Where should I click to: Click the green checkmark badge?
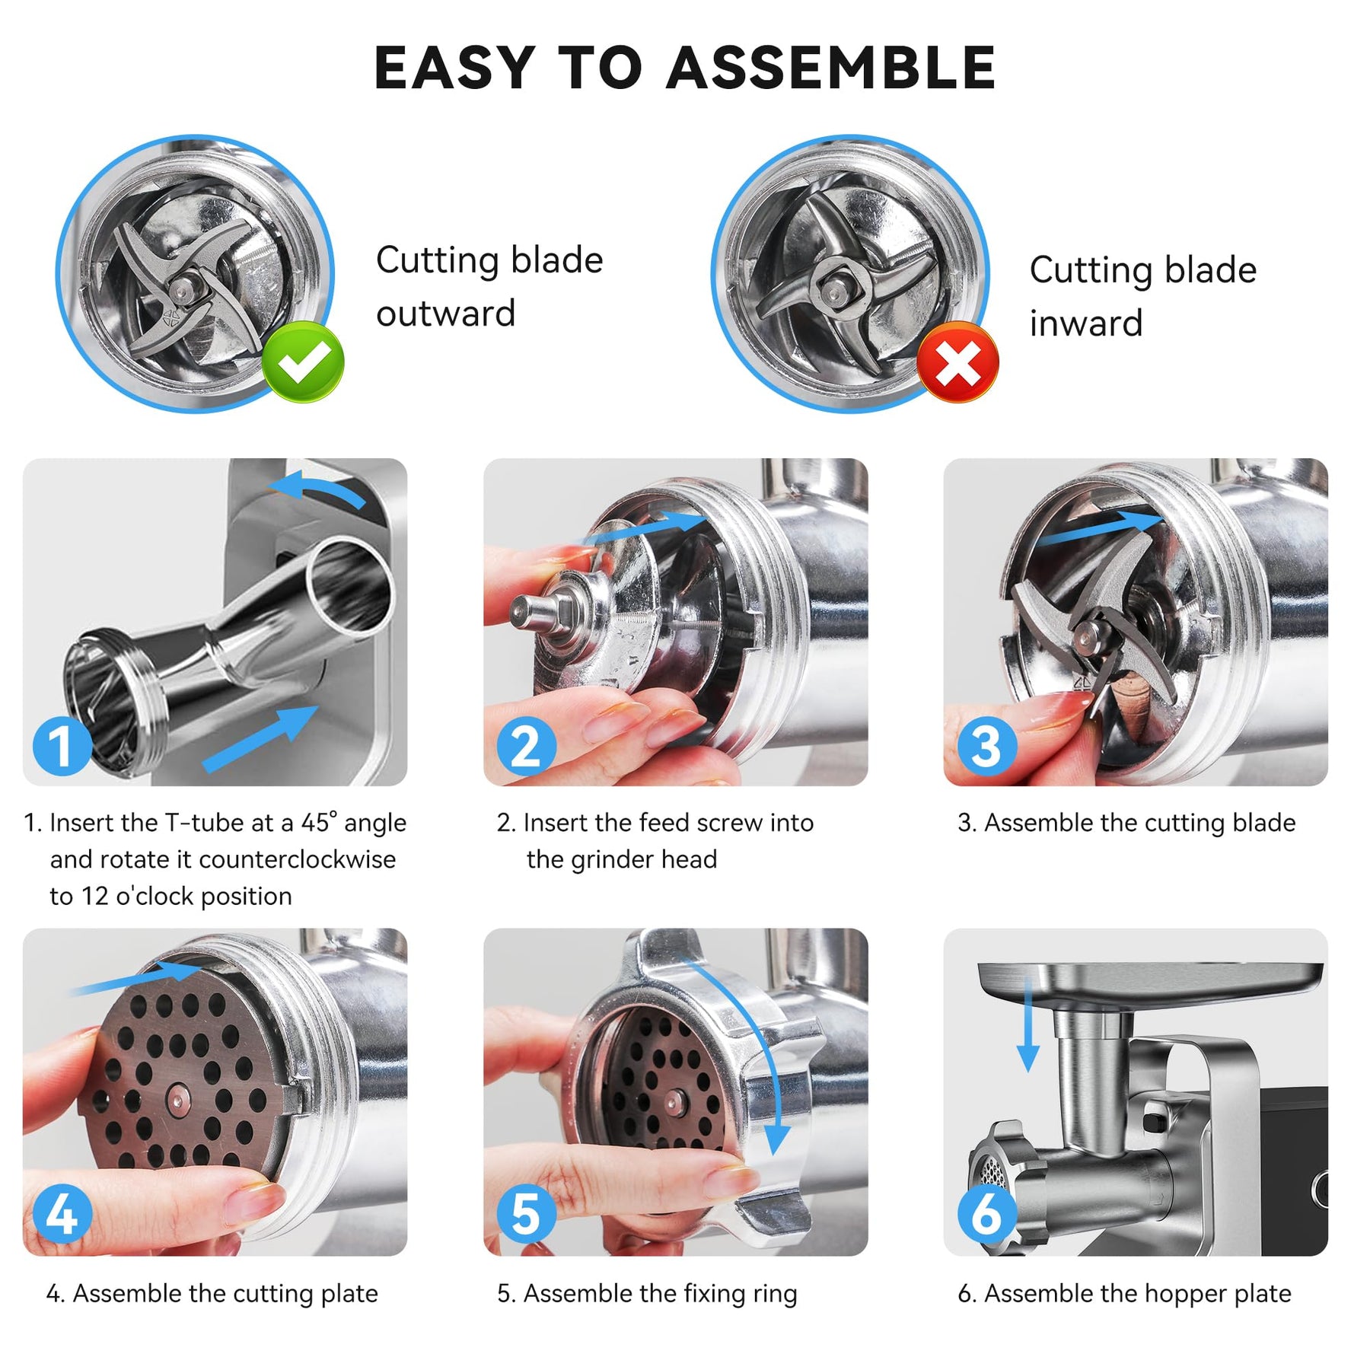pos(303,362)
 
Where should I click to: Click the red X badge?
pos(957,362)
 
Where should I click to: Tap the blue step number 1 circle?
pos(62,746)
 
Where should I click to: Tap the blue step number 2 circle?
pos(527,746)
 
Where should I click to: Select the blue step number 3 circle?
pos(987,746)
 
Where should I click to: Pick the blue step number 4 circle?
pos(62,1213)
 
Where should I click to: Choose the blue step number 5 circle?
pos(527,1213)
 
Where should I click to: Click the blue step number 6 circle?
pos(987,1213)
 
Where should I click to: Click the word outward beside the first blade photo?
pos(446,314)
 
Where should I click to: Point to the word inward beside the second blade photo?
pos(1086,323)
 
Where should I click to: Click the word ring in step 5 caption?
pos(769,1295)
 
